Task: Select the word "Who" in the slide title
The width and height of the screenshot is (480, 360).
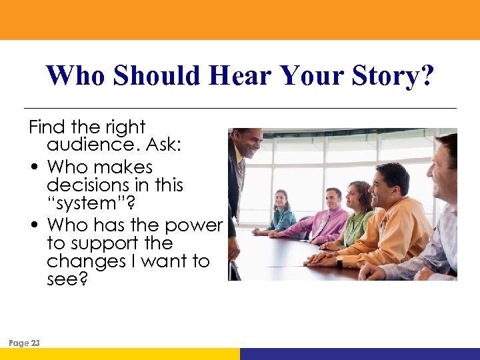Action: pos(75,76)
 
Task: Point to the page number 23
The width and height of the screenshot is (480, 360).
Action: pos(35,343)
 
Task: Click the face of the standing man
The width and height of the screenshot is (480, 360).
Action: pos(248,143)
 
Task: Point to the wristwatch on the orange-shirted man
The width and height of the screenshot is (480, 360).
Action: pos(339,262)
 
